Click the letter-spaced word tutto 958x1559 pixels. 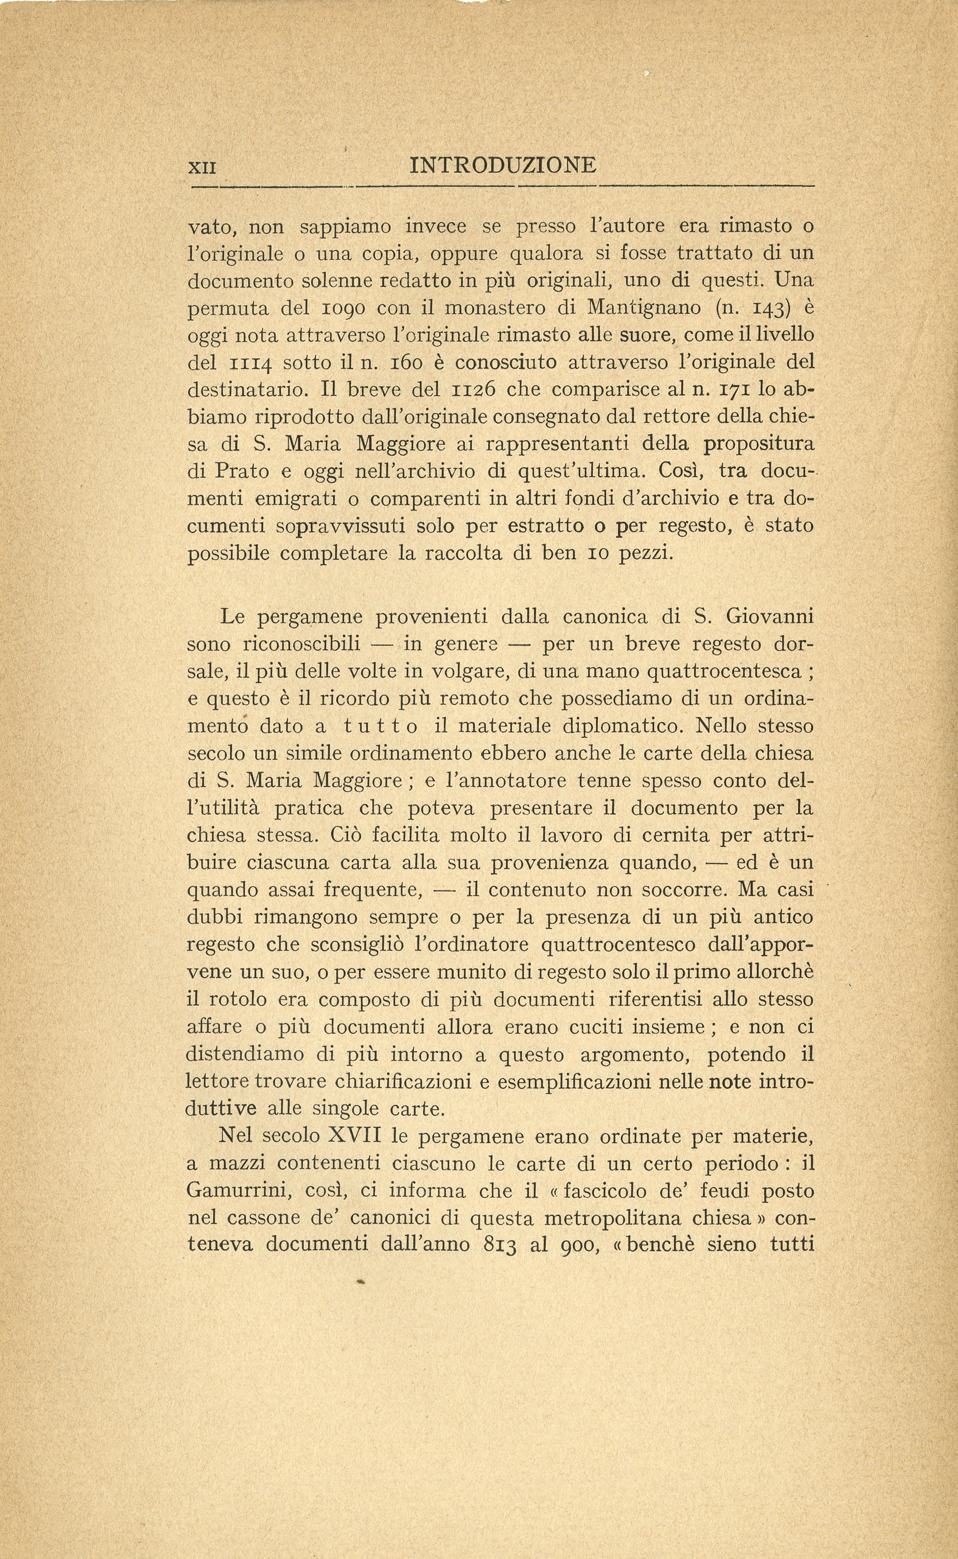coord(380,727)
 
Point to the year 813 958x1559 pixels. coord(500,1246)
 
